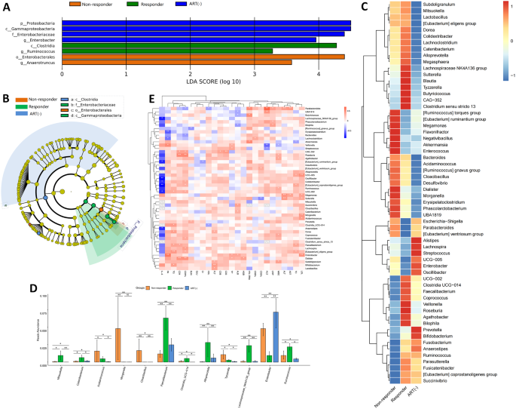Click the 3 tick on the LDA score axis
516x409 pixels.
[x=255, y=75]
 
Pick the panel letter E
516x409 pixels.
[x=153, y=100]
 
